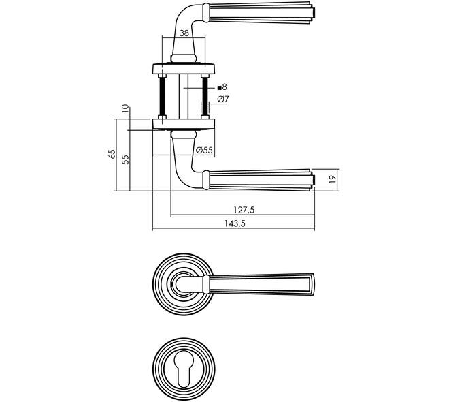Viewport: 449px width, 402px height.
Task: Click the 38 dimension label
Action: click(x=184, y=33)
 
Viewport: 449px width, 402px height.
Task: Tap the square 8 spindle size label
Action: click(x=222, y=87)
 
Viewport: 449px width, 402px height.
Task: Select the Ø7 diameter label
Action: click(x=223, y=99)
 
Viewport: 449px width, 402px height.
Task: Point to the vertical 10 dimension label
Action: click(x=125, y=108)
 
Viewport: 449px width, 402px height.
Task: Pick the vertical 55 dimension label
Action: click(x=125, y=159)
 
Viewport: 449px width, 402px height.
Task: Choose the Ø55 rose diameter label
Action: click(x=204, y=150)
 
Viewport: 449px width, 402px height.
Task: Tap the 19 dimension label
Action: click(x=332, y=179)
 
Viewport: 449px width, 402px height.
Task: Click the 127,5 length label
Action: click(x=244, y=210)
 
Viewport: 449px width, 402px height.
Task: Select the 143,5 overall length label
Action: click(x=235, y=223)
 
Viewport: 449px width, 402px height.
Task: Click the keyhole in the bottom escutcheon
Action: click(x=184, y=369)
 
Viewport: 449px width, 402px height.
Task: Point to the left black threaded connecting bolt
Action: click(x=162, y=96)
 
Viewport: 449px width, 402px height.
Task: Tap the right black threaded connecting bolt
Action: click(x=205, y=96)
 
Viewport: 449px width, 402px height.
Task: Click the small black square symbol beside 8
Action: click(x=219, y=87)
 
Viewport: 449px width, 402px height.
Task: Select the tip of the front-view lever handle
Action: click(x=312, y=284)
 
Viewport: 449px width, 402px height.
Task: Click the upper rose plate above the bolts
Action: click(x=184, y=68)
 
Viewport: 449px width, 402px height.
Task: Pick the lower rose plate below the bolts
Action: click(x=184, y=124)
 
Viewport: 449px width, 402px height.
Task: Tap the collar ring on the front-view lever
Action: click(x=206, y=284)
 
